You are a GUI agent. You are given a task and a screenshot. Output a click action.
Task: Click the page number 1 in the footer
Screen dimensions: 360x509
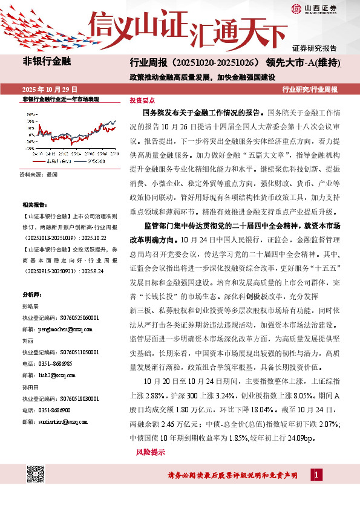[317, 475]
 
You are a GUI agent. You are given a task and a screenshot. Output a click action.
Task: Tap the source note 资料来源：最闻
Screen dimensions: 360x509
[34, 173]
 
